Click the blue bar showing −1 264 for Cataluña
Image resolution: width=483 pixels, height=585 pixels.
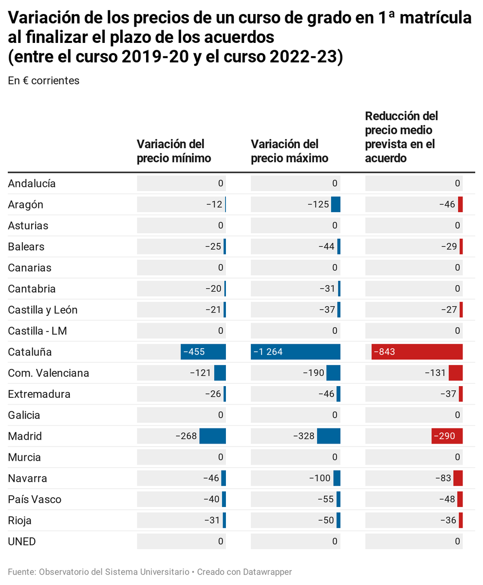(x=295, y=352)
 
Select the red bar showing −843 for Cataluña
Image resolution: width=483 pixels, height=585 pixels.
(x=417, y=352)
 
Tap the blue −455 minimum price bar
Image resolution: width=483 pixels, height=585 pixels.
(x=203, y=352)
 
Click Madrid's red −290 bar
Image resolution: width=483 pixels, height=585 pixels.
(x=446, y=436)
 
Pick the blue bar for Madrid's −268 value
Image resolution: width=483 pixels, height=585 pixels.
(x=213, y=436)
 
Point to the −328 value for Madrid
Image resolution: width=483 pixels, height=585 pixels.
(x=304, y=436)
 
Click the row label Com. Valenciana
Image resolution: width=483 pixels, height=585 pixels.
(x=48, y=373)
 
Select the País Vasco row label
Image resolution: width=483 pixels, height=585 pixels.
(x=35, y=499)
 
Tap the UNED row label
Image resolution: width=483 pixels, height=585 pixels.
(x=22, y=541)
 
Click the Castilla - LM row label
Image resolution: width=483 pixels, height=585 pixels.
(x=37, y=331)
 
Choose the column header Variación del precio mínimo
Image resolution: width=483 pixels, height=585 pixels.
(x=174, y=151)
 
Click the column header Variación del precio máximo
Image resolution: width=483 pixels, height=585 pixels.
(x=289, y=151)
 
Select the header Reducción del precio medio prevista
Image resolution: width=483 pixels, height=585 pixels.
(x=401, y=137)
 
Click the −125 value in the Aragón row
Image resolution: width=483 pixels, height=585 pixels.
(x=318, y=205)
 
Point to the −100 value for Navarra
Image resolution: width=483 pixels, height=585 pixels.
(x=320, y=478)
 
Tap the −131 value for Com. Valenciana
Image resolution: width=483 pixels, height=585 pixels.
(x=435, y=373)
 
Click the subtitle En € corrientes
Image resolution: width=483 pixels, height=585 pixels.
(x=43, y=81)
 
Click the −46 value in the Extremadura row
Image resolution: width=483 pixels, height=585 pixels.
(x=326, y=394)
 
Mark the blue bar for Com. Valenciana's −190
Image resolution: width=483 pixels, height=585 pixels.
(x=333, y=373)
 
